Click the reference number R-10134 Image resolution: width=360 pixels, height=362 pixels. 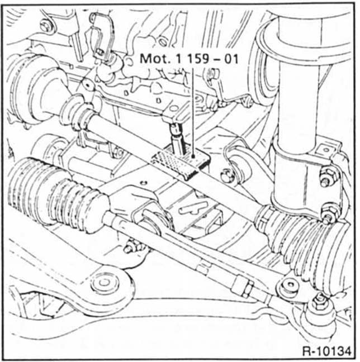(326, 351)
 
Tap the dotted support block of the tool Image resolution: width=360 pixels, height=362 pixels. (179, 163)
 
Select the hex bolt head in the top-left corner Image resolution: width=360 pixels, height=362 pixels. (46, 26)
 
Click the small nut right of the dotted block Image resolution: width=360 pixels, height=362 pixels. (226, 174)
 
